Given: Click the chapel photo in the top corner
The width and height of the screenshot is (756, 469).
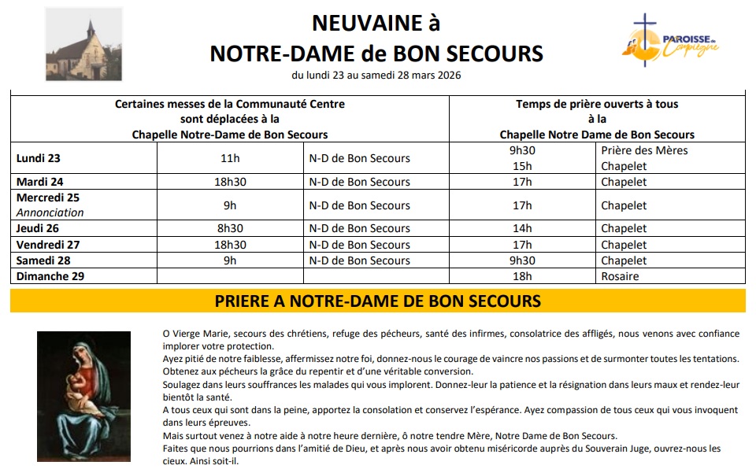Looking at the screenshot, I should (x=83, y=43).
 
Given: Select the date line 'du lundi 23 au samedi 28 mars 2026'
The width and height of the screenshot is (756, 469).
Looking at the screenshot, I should (x=376, y=76).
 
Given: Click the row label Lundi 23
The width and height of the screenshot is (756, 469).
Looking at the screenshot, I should (x=39, y=157).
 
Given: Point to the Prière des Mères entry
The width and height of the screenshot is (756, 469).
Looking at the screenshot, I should (x=644, y=150).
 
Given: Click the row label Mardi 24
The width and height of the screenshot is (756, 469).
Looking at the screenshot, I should (x=39, y=182).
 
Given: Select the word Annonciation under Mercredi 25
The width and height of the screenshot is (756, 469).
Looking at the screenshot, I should (x=50, y=212).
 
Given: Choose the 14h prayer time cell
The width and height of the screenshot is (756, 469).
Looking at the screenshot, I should (x=522, y=228).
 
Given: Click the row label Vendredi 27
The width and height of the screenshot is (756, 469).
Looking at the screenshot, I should (x=48, y=245).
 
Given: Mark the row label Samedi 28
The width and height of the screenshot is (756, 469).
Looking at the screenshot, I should (x=43, y=260).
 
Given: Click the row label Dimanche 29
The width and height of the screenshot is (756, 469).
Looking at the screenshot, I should (x=50, y=276).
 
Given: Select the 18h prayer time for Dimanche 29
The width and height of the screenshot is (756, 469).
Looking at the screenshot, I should (x=522, y=276).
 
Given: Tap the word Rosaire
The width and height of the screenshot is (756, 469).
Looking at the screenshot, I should (x=620, y=276).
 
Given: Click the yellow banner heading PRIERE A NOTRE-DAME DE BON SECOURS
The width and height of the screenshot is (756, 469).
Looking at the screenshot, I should (x=377, y=301).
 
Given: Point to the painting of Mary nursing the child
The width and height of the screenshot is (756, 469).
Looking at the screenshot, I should (x=84, y=396).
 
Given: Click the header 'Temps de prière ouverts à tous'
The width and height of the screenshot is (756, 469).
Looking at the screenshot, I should (x=597, y=104).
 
